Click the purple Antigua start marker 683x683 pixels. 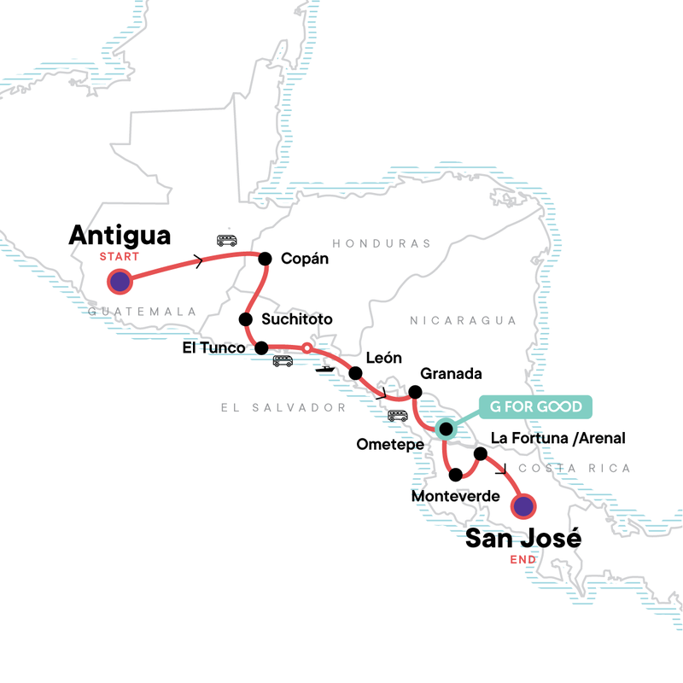(x=119, y=282)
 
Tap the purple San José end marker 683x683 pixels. (x=522, y=507)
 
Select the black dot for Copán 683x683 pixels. (x=265, y=259)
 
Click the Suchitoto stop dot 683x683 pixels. (x=245, y=319)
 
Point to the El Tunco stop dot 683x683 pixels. (x=262, y=347)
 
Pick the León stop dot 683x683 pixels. (x=354, y=373)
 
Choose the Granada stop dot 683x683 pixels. (x=415, y=392)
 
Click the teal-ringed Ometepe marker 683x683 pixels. (x=445, y=428)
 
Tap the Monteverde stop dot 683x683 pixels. (x=456, y=475)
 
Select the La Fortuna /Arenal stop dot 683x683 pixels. (x=480, y=454)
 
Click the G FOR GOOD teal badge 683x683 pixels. (x=534, y=406)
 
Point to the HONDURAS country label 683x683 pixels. (x=382, y=243)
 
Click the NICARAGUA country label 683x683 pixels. (x=463, y=320)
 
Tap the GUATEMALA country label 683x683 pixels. (x=142, y=312)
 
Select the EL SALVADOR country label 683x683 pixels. (x=283, y=408)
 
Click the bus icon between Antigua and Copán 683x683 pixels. (x=226, y=241)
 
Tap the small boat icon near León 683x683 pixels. (x=324, y=369)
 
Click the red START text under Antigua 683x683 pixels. (x=119, y=255)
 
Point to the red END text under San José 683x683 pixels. (x=522, y=560)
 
